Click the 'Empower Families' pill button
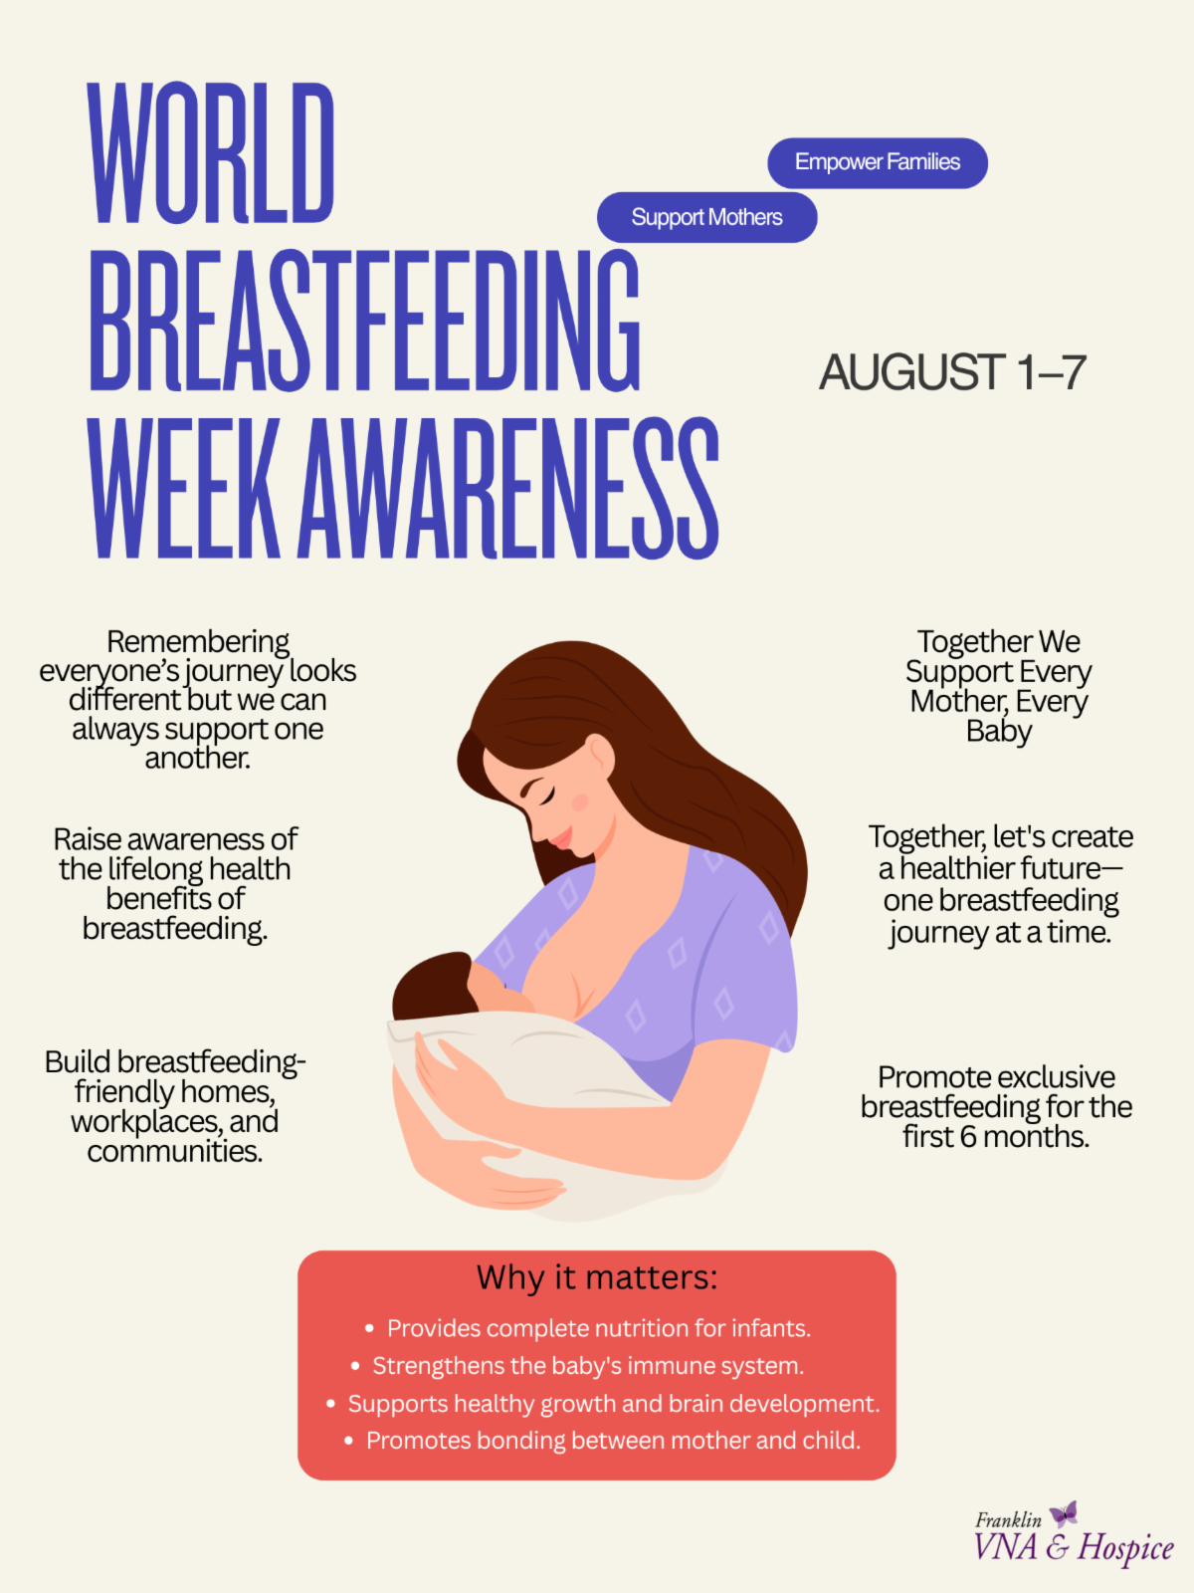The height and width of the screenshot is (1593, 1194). pos(878,162)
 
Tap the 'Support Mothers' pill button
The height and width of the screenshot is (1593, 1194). pos(706,217)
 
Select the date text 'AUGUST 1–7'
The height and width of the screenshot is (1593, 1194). pos(952,372)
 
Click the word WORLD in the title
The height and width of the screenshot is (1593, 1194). pos(211,152)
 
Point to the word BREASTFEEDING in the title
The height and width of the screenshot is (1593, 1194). pos(364,320)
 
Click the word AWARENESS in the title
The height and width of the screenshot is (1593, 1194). pos(508,488)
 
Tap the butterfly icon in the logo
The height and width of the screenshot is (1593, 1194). pos(1064,1514)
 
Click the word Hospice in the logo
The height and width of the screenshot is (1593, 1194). pos(1126,1548)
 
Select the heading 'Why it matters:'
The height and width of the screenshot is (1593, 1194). pos(597,1277)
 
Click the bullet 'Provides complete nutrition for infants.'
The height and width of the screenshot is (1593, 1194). pos(599,1328)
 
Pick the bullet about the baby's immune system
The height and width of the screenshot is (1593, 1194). pos(588,1366)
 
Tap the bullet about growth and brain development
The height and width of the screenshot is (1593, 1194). pos(613,1404)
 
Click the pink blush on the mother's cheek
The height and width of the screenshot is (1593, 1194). pos(580,801)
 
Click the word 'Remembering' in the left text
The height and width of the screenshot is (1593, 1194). pos(198,641)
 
